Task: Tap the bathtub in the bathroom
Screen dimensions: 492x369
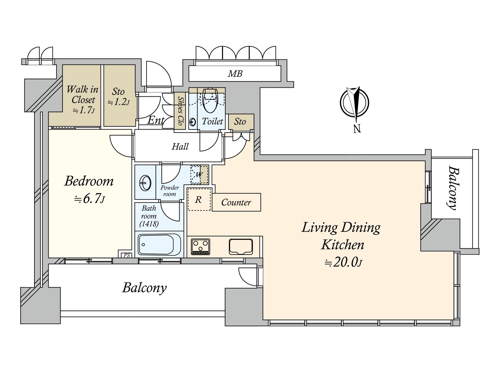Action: (160, 245)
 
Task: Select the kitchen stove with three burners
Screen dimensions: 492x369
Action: (200, 247)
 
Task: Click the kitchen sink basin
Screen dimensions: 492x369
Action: (241, 247)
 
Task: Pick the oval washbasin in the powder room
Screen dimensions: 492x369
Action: (145, 183)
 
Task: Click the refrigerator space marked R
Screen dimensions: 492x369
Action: (199, 199)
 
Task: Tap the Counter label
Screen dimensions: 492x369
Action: (236, 202)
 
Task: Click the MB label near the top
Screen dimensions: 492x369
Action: (235, 74)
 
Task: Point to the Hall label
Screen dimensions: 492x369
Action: (180, 147)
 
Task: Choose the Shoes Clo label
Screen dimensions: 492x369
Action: (180, 111)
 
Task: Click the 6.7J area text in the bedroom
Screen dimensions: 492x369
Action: (89, 199)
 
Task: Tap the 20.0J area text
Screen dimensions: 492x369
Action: (343, 263)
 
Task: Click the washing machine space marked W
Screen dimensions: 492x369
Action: (199, 175)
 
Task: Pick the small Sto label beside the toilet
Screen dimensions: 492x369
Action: (240, 122)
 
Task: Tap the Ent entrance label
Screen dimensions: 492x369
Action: (156, 120)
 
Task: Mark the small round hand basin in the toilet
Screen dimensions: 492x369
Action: (192, 122)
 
